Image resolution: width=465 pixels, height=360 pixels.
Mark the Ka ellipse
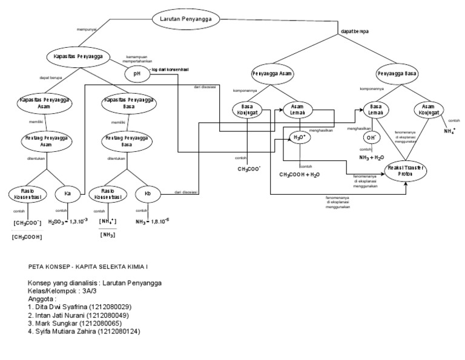point(68,194)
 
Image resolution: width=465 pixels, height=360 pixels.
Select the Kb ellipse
point(147,194)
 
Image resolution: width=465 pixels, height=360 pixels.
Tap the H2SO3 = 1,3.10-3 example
point(68,221)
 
